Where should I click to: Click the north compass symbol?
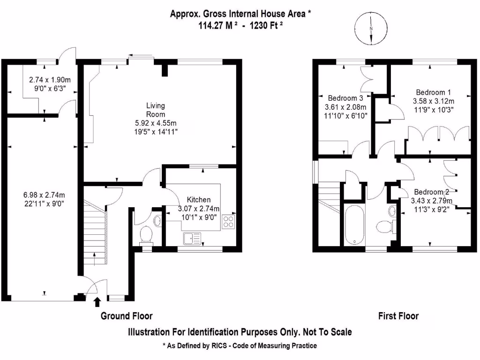371,29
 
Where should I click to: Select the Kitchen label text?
199,200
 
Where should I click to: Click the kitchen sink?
193,239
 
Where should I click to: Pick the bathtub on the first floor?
353,224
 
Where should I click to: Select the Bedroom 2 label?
431,192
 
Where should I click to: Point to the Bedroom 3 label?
345,98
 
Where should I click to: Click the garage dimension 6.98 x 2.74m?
44,195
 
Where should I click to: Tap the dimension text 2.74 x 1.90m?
50,79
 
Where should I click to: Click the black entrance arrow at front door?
97,301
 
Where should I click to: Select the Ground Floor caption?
127,316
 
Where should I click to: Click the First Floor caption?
398,316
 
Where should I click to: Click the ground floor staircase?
95,234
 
